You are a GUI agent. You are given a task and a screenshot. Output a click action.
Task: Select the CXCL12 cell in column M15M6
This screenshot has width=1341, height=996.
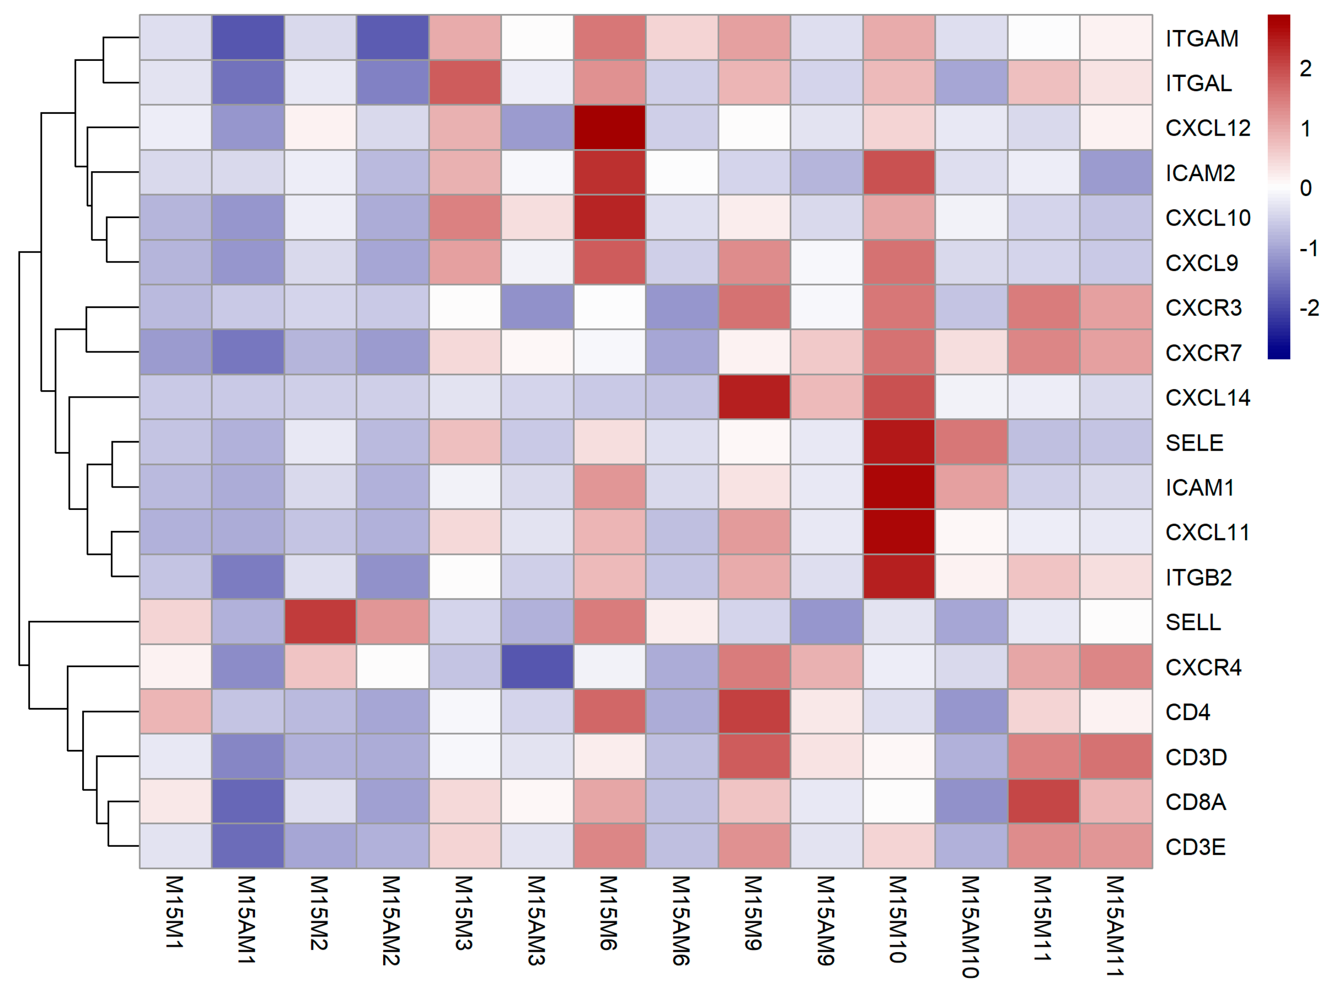(609, 127)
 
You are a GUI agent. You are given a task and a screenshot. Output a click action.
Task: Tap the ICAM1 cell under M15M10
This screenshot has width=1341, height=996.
(898, 487)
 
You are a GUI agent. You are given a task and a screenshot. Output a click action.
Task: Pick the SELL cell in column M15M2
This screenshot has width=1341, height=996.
(320, 622)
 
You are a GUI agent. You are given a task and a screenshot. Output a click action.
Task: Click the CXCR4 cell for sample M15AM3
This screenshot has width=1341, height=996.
(537, 667)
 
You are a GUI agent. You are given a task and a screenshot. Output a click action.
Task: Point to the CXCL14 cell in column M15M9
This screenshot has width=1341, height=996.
(754, 397)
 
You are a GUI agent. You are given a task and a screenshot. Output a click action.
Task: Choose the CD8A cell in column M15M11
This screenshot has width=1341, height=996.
(1043, 801)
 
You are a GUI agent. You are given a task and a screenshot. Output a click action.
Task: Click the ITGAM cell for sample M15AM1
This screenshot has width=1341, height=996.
(248, 37)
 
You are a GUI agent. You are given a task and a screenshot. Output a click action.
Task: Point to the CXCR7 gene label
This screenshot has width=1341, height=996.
(1203, 353)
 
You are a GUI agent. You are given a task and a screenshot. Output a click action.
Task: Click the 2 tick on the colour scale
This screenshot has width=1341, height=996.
(1306, 69)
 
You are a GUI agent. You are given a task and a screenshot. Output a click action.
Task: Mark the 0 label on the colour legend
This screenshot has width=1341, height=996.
(1306, 188)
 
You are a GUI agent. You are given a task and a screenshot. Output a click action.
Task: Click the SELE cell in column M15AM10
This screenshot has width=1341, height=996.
(971, 442)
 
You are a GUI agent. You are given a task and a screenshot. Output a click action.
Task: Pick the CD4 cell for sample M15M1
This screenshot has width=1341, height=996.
(176, 712)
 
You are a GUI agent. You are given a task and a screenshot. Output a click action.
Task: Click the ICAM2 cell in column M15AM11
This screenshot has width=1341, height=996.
(1116, 173)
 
